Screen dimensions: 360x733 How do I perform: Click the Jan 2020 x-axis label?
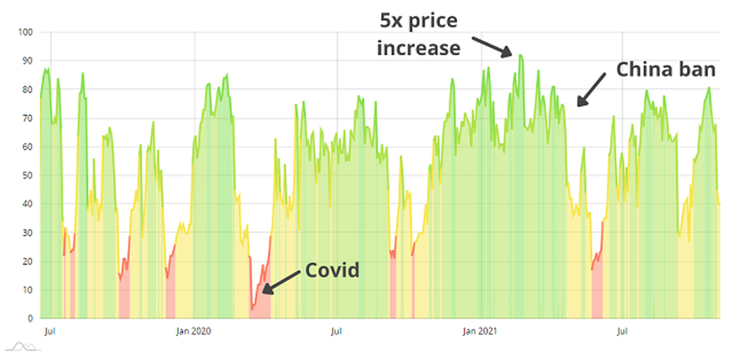193,332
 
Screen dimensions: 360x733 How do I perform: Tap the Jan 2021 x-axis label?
480,332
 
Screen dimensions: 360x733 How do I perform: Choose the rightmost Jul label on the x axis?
622,332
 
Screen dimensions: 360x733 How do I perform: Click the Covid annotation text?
332,270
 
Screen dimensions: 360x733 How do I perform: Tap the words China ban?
665,70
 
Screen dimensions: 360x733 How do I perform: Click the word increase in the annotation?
418,47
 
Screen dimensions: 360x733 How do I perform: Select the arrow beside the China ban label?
591,89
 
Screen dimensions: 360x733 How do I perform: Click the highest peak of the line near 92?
520,55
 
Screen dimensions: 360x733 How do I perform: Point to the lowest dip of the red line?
252,310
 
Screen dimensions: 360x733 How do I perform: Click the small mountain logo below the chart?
23,347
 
